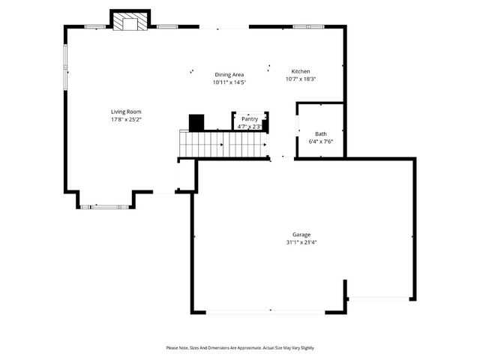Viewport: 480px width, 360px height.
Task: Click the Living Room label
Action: click(x=126, y=112)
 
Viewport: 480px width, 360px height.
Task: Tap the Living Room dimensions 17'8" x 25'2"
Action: click(x=126, y=119)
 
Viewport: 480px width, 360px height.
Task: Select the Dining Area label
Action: click(x=229, y=74)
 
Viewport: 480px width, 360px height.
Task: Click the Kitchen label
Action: click(x=301, y=71)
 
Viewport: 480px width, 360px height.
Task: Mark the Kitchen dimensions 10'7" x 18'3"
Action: click(x=301, y=79)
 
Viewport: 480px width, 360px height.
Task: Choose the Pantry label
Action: click(x=250, y=118)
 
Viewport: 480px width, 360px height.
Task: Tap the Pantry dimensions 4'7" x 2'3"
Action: click(x=250, y=126)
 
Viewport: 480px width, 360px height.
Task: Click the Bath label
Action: click(x=321, y=133)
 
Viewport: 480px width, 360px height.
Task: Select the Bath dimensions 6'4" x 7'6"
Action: click(x=321, y=141)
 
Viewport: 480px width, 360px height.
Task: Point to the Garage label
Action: click(x=301, y=235)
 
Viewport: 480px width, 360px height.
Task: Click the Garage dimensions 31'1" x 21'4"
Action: click(x=301, y=242)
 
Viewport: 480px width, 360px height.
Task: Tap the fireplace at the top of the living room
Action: click(x=130, y=23)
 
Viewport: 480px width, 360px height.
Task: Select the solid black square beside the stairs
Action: click(x=196, y=122)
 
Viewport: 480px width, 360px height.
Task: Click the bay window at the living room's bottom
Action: click(x=106, y=205)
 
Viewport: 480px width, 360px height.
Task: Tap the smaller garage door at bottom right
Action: click(x=379, y=298)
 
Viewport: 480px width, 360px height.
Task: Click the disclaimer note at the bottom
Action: click(x=240, y=348)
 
